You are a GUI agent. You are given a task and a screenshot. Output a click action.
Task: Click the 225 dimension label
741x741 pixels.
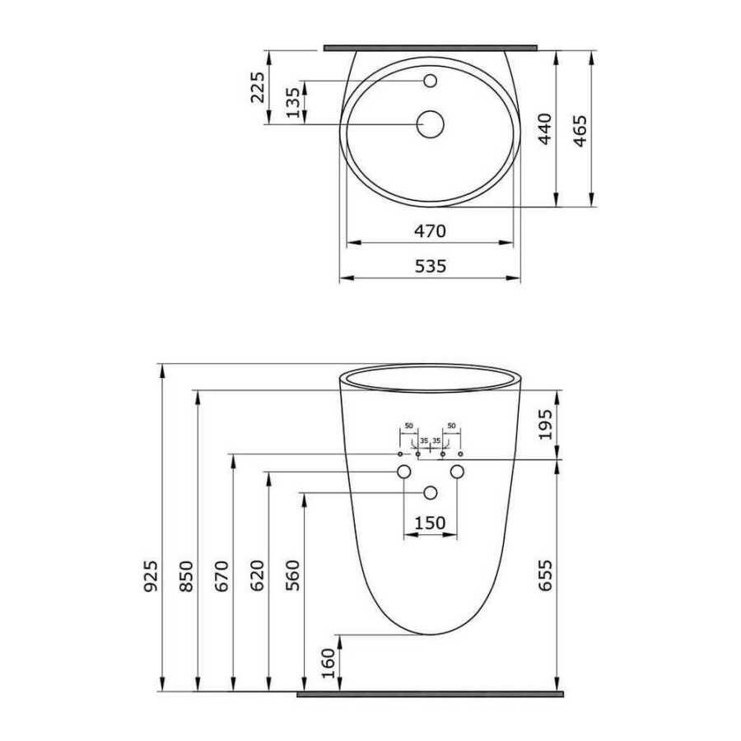(x=258, y=87)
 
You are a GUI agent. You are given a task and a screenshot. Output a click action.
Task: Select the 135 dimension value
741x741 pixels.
(x=293, y=103)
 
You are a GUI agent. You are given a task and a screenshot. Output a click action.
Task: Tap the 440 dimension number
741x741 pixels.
(x=545, y=129)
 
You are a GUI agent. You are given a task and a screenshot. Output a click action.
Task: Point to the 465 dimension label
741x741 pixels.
(x=580, y=131)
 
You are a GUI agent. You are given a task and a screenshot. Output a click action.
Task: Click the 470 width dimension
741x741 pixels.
(x=430, y=231)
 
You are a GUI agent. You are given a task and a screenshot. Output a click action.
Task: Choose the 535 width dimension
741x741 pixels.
(x=430, y=267)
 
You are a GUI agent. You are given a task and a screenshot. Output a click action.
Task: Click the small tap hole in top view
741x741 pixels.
(x=430, y=81)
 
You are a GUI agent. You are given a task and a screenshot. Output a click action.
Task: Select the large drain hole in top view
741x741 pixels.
(x=430, y=124)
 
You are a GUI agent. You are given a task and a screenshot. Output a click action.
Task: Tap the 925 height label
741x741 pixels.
(x=151, y=576)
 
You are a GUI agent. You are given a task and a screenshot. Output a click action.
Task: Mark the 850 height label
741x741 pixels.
(x=187, y=576)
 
